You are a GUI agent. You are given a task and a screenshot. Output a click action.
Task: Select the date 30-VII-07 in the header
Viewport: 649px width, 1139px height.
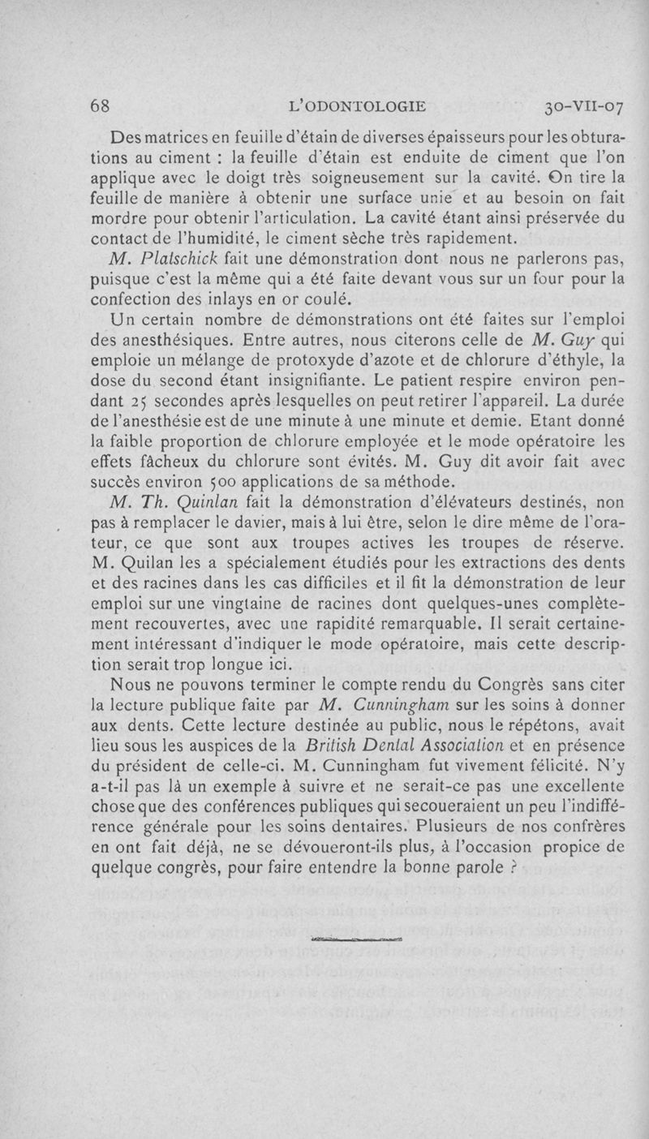tap(583, 105)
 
